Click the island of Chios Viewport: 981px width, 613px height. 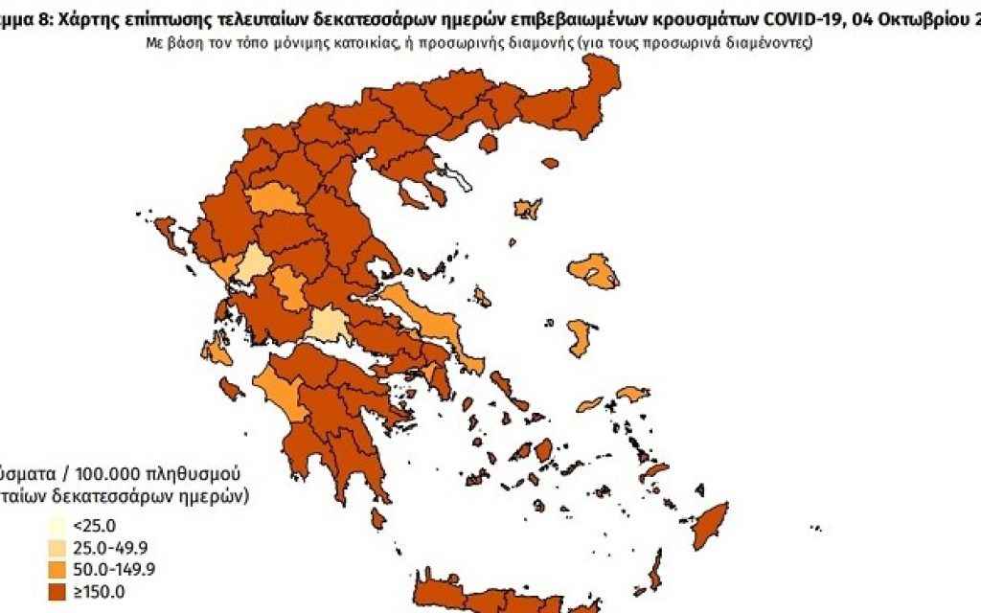point(579,338)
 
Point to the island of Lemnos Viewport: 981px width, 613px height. point(528,209)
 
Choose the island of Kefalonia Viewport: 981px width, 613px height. point(217,352)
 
